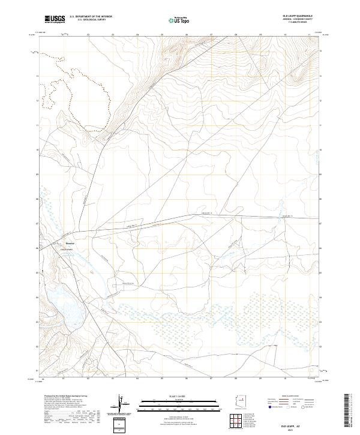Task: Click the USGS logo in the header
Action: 55,19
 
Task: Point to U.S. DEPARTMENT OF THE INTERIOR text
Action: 91,16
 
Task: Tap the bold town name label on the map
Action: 70,244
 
